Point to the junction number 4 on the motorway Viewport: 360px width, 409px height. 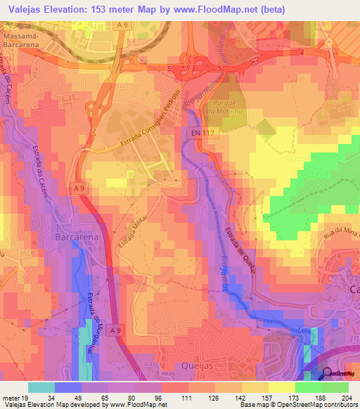(302, 53)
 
